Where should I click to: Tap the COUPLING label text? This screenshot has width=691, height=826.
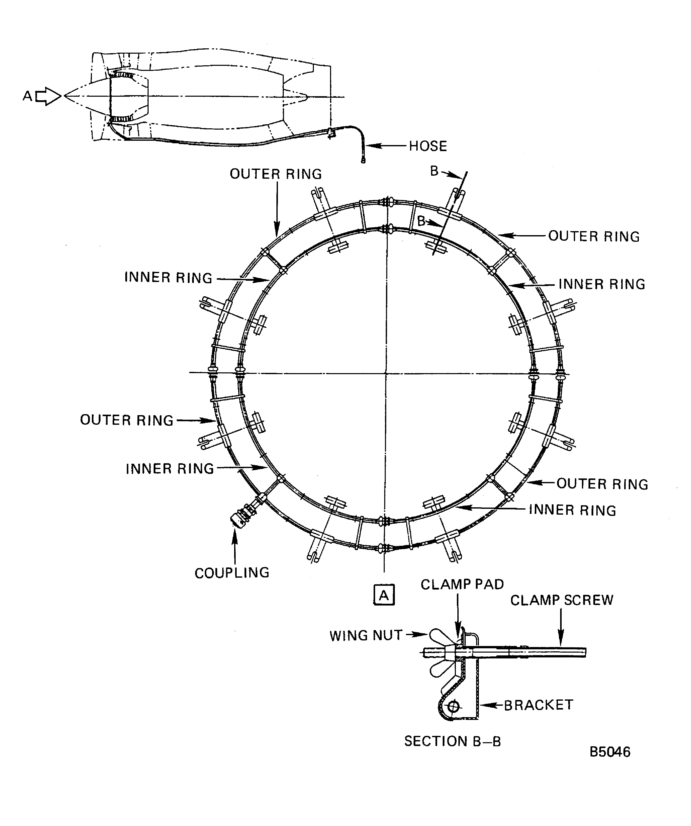coord(232,573)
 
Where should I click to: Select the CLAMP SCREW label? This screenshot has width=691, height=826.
coord(562,600)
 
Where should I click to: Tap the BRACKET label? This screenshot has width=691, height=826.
coord(538,705)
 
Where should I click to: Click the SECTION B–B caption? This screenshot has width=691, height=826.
coord(452,741)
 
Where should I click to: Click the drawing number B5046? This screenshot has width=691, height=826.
coord(609,752)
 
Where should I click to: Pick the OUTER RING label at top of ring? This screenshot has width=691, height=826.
coord(276,174)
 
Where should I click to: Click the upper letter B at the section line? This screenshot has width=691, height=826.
coord(434,171)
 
